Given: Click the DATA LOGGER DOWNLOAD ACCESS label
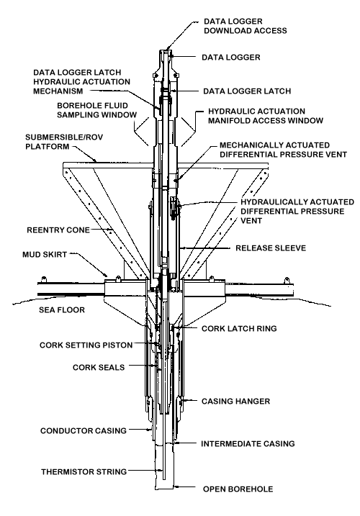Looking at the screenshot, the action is pyautogui.click(x=245, y=26).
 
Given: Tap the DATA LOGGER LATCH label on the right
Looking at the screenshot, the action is pyautogui.click(x=247, y=91).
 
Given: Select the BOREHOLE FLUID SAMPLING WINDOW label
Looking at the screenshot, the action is pyautogui.click(x=96, y=110).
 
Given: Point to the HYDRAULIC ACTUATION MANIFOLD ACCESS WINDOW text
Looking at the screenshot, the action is pyautogui.click(x=266, y=116).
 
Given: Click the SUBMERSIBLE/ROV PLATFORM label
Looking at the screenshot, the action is pyautogui.click(x=64, y=142).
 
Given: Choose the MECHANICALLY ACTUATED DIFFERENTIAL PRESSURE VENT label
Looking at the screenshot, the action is pyautogui.click(x=283, y=150).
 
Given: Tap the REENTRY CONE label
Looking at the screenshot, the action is pyautogui.click(x=58, y=230).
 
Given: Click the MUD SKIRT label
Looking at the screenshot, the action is pyautogui.click(x=45, y=255).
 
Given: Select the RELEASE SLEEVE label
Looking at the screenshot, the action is pyautogui.click(x=271, y=248).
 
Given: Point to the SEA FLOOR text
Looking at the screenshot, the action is pyautogui.click(x=62, y=310).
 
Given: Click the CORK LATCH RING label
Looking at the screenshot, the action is pyautogui.click(x=239, y=329).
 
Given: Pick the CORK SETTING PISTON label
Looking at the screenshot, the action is pyautogui.click(x=86, y=345).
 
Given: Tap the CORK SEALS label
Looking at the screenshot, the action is pyautogui.click(x=99, y=368).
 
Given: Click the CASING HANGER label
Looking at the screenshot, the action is pyautogui.click(x=236, y=402).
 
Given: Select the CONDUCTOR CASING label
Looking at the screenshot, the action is pyautogui.click(x=84, y=431).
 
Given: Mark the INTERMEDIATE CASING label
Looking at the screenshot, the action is pyautogui.click(x=248, y=444).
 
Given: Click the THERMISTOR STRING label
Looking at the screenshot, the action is pyautogui.click(x=84, y=472).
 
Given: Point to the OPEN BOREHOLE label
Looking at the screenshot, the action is pyautogui.click(x=238, y=489).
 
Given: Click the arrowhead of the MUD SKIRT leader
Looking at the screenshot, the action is pyautogui.click(x=106, y=275).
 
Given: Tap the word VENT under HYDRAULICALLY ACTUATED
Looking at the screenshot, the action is pyautogui.click(x=251, y=221).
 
